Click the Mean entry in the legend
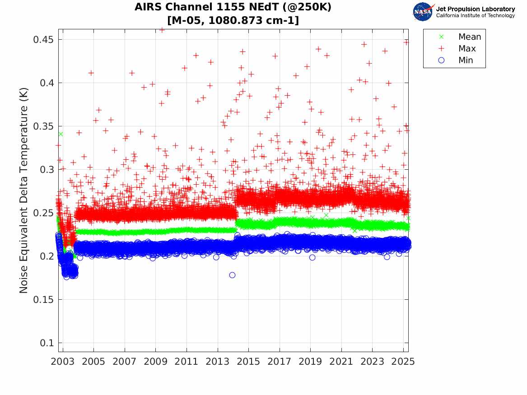(469, 37)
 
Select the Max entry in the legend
(466, 49)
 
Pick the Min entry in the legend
(466, 60)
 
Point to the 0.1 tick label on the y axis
(47, 343)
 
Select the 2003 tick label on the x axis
(63, 362)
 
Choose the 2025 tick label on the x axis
(403, 362)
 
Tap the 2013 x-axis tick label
(218, 362)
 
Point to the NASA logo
(423, 12)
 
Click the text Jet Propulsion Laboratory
(475, 9)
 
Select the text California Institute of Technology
(475, 16)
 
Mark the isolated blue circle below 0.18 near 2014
(232, 275)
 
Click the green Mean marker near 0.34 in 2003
(61, 134)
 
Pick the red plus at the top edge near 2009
(162, 30)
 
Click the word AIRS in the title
(148, 8)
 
